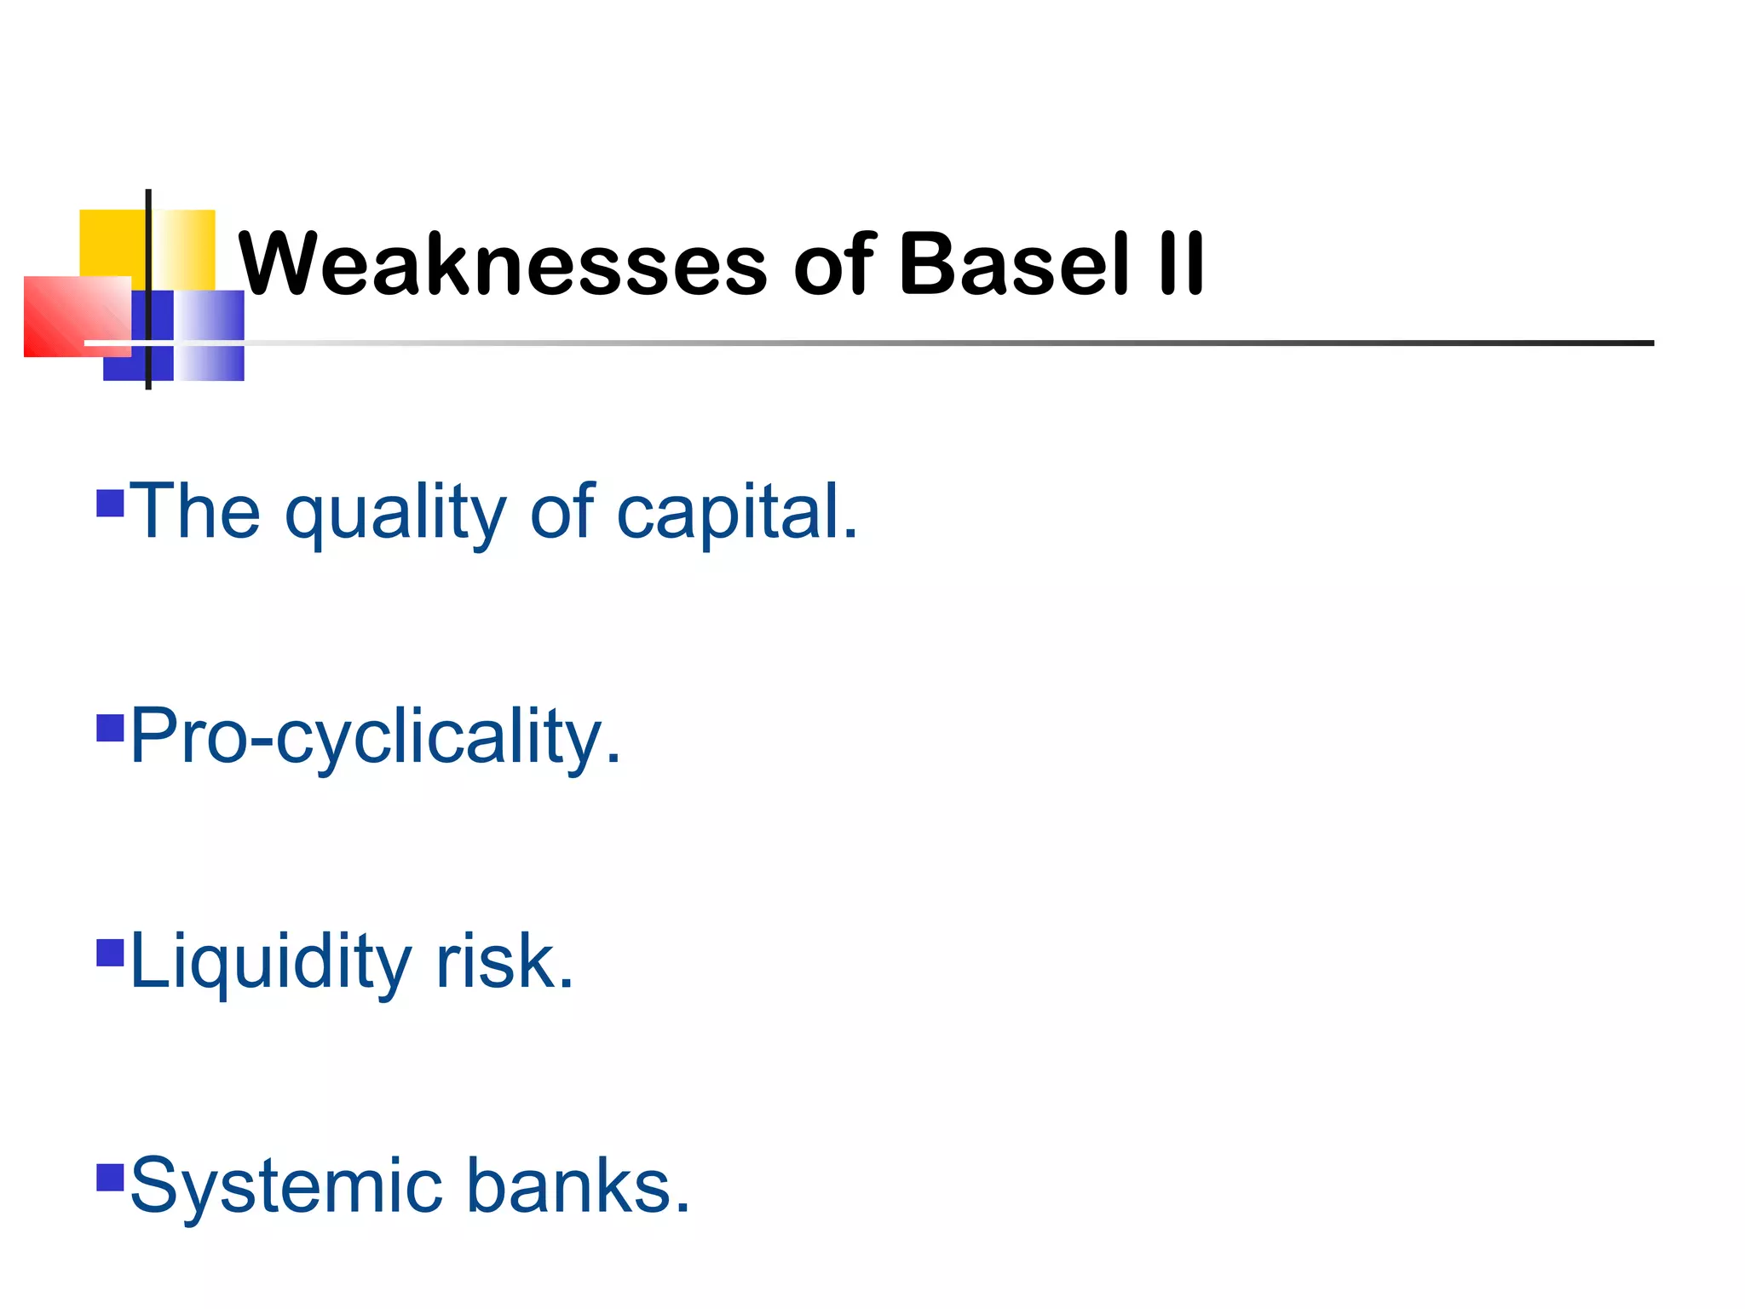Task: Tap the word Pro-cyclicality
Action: coord(376,737)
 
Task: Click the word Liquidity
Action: coord(271,963)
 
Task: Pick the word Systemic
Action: coord(286,1186)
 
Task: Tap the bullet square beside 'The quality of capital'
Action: coord(111,503)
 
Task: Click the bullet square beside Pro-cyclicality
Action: coord(111,729)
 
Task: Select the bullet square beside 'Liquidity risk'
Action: coord(111,953)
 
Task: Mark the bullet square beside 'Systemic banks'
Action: coord(111,1177)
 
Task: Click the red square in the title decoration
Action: coord(68,317)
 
